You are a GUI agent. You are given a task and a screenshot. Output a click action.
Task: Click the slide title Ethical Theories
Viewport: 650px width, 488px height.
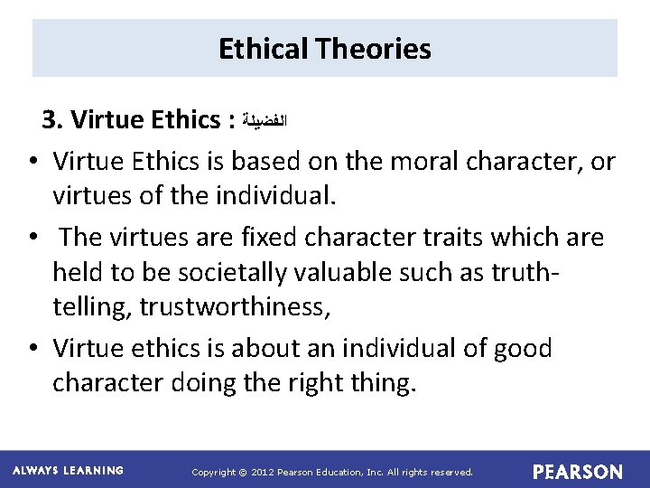[325, 49]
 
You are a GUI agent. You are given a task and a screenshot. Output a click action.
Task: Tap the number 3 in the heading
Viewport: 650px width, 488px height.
[50, 119]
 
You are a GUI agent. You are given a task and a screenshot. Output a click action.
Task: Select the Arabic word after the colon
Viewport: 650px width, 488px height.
[268, 120]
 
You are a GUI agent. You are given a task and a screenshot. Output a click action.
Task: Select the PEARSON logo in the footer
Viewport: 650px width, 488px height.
[577, 472]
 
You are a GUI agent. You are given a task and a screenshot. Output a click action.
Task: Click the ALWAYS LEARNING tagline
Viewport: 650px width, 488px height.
[69, 471]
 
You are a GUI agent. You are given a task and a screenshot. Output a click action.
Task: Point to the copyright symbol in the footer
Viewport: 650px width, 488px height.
[242, 472]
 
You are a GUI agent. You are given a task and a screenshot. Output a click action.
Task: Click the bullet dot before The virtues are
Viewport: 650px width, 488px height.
[32, 239]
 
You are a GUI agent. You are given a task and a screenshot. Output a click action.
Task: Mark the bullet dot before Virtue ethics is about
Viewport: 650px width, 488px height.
[32, 349]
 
